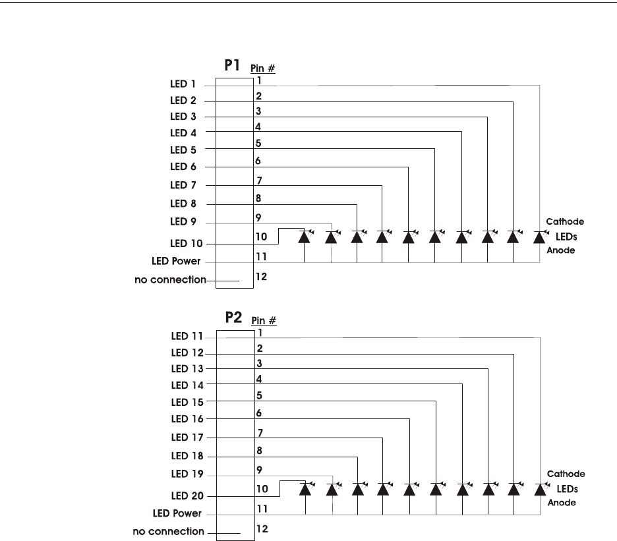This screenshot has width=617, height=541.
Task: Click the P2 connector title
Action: click(233, 320)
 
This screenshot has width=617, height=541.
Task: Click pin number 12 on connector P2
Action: click(261, 528)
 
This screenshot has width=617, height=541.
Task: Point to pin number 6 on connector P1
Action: click(259, 161)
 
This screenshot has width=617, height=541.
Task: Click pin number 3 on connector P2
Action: click(259, 363)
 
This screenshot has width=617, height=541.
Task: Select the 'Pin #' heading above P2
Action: click(263, 322)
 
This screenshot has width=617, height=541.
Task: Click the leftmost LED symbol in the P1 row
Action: click(305, 235)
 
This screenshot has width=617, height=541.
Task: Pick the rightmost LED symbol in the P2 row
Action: click(541, 488)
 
